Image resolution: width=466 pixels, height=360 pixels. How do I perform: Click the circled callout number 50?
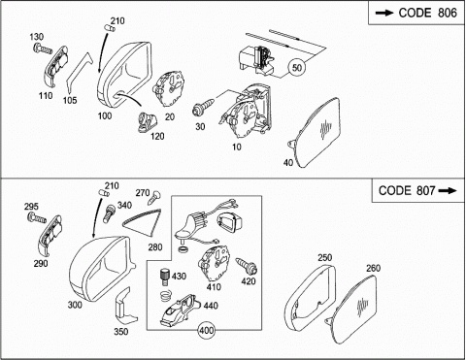[297, 67]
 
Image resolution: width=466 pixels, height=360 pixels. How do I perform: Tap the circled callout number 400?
[206, 330]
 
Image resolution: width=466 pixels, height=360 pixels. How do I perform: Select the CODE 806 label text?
[427, 13]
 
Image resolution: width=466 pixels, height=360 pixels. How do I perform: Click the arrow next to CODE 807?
[448, 190]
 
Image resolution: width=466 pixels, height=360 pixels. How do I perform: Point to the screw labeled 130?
[43, 49]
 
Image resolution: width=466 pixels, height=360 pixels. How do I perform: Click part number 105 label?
[70, 100]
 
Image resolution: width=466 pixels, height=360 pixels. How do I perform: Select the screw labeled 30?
[203, 107]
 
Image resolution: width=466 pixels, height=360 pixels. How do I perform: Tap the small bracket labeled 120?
[149, 122]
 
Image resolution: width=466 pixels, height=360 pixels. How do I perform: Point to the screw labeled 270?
[154, 198]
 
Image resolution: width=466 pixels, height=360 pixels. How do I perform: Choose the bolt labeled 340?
[109, 213]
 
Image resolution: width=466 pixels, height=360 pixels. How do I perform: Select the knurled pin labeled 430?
[165, 278]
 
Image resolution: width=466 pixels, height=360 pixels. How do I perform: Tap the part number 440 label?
[211, 306]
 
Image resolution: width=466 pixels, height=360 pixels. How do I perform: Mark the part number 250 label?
[325, 257]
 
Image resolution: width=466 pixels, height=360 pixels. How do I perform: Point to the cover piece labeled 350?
[125, 307]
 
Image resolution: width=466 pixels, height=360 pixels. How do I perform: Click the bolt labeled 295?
[37, 217]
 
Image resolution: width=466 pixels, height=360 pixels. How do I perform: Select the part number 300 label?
[75, 305]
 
